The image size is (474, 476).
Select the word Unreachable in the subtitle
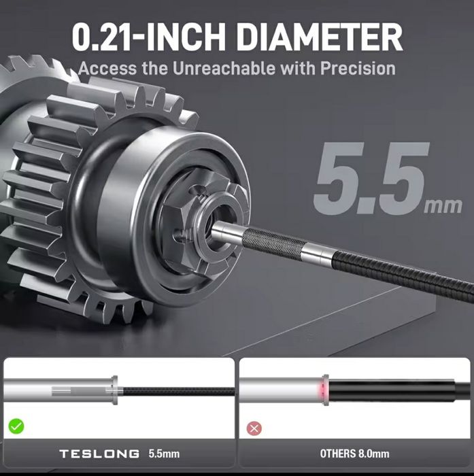(x=224, y=68)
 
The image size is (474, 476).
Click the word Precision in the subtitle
(x=358, y=69)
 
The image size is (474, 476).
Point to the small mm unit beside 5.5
(x=443, y=206)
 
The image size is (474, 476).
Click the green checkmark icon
(x=16, y=426)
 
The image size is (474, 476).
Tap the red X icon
(x=254, y=428)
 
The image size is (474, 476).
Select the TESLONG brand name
(x=99, y=454)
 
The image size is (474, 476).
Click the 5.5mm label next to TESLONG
(x=164, y=454)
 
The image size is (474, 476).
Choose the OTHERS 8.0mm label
(x=355, y=454)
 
